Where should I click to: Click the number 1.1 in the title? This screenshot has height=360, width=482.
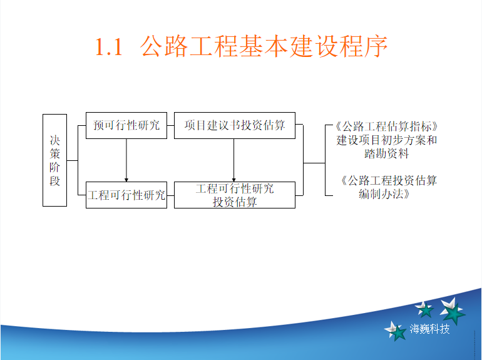click(x=109, y=47)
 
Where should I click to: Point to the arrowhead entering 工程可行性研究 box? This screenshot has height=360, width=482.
click(x=126, y=180)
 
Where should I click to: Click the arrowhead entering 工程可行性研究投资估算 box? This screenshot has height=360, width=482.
click(x=233, y=180)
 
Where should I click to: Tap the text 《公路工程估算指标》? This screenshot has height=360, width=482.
click(x=386, y=126)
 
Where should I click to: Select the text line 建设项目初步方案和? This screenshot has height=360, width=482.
click(x=386, y=140)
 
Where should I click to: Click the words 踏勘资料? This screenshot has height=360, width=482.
click(x=386, y=153)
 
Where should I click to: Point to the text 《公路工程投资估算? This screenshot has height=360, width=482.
click(x=389, y=180)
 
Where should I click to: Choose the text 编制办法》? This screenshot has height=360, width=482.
click(x=384, y=194)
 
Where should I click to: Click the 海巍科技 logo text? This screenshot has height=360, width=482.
click(x=429, y=329)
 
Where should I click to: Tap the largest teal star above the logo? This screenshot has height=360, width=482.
click(x=453, y=311)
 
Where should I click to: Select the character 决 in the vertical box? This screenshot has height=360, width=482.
click(x=54, y=140)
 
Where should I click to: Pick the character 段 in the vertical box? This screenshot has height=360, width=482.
click(x=54, y=181)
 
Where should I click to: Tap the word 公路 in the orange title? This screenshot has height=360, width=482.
click(x=164, y=46)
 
